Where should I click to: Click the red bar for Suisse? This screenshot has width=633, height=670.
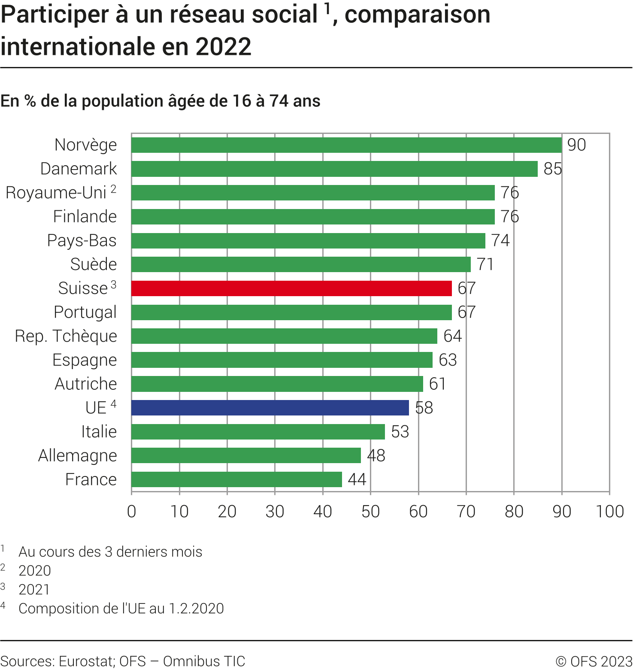pyautogui.click(x=291, y=288)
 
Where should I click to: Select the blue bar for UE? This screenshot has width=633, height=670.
pyautogui.click(x=270, y=408)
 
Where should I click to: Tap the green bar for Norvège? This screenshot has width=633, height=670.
pyautogui.click(x=346, y=145)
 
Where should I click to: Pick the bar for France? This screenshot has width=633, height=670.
pyautogui.click(x=236, y=479)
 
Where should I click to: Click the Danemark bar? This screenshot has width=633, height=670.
pyautogui.click(x=334, y=169)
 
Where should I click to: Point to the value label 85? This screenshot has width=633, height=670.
pyautogui.click(x=552, y=169)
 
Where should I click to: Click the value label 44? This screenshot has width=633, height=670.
pyautogui.click(x=357, y=479)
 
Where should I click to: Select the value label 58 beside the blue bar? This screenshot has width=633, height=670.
pyautogui.click(x=424, y=408)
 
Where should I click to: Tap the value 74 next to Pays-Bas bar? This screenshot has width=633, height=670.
pyautogui.click(x=500, y=241)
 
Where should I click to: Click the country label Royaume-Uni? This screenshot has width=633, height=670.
pyautogui.click(x=56, y=193)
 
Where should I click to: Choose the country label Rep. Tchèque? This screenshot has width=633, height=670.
pyautogui.click(x=66, y=336)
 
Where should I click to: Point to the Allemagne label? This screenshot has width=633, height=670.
pyautogui.click(x=77, y=455)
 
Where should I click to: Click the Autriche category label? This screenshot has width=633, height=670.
pyautogui.click(x=85, y=384)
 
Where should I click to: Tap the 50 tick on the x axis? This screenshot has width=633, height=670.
pyautogui.click(x=370, y=512)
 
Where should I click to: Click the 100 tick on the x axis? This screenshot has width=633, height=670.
pyautogui.click(x=609, y=512)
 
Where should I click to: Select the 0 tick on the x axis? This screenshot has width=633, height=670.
pyautogui.click(x=132, y=512)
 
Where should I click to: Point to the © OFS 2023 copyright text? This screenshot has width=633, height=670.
pyautogui.click(x=594, y=661)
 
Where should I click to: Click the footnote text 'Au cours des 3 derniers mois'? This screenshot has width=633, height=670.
pyautogui.click(x=110, y=552)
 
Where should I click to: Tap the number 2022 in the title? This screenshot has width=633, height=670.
pyautogui.click(x=223, y=47)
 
